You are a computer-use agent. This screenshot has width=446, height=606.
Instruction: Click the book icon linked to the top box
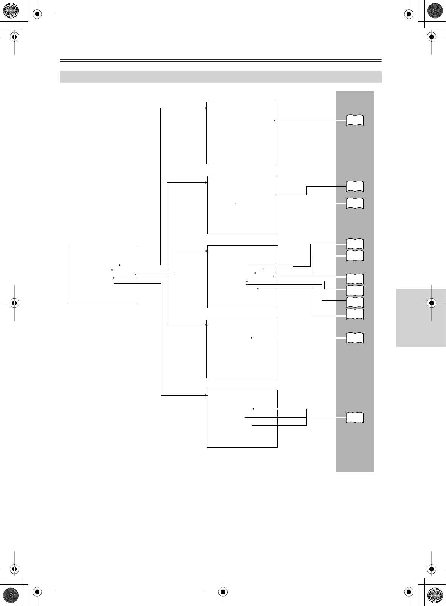[x=355, y=120]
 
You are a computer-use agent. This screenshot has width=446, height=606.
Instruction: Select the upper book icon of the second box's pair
[x=355, y=186]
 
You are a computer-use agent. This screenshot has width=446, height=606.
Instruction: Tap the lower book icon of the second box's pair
[x=355, y=203]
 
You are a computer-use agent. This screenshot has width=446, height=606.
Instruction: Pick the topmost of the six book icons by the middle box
[x=355, y=244]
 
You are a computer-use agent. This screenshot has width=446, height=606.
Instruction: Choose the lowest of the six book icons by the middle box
[x=355, y=314]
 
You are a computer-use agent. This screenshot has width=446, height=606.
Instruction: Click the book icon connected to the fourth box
[x=355, y=338]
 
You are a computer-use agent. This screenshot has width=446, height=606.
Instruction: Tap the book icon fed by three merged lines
[x=355, y=417]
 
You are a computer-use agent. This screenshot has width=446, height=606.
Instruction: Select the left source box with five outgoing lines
[x=103, y=275]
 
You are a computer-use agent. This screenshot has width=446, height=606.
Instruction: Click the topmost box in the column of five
[x=242, y=133]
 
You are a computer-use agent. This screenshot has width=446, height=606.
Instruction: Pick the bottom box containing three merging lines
[x=242, y=418]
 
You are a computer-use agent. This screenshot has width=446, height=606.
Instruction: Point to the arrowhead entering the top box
[x=206, y=108]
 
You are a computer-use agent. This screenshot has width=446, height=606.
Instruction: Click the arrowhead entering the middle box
[x=206, y=250]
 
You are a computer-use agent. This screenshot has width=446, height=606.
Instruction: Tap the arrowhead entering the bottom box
[x=206, y=395]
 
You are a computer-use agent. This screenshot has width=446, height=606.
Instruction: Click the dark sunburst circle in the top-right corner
[x=435, y=11]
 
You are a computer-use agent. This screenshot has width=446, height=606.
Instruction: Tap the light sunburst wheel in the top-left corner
[x=11, y=11]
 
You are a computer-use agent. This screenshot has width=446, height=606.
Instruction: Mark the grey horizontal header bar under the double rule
[x=221, y=77]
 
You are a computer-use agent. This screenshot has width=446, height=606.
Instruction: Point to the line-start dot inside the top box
[x=274, y=121]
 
